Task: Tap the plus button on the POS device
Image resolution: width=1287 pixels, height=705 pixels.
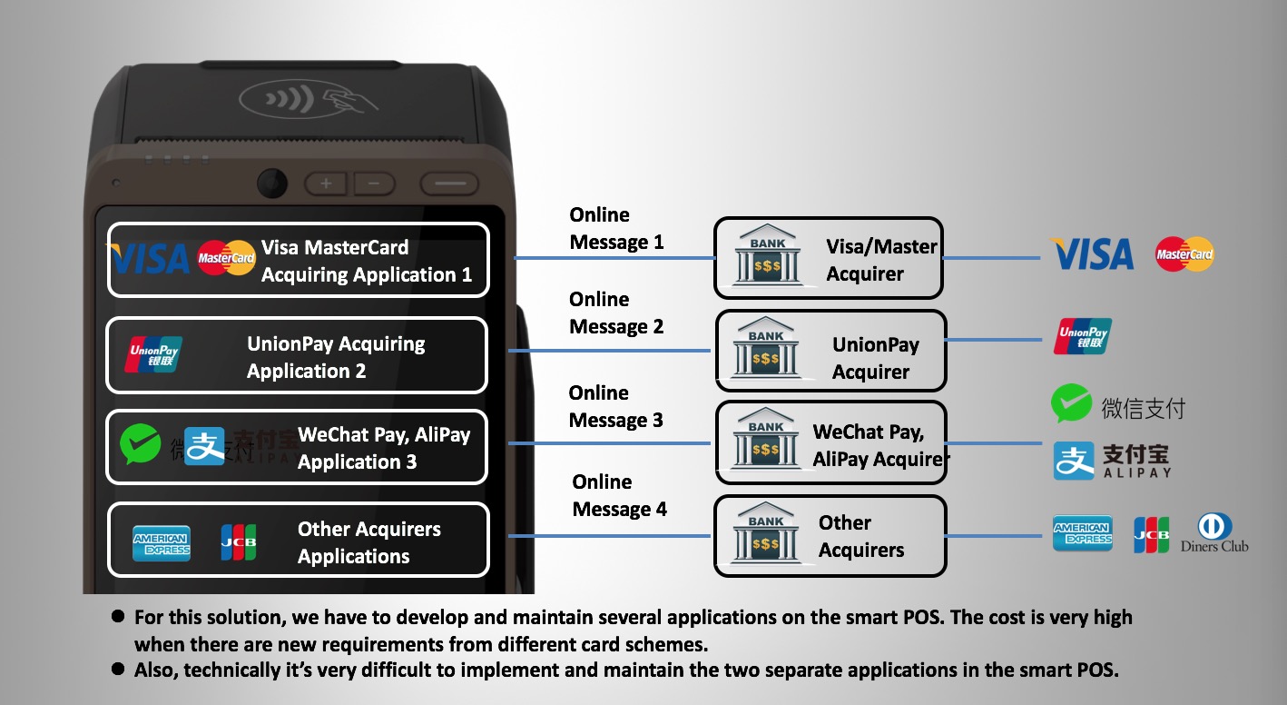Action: [x=326, y=184]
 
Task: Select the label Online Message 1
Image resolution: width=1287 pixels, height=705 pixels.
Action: [x=616, y=229]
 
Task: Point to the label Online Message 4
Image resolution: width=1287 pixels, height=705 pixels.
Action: [x=619, y=496]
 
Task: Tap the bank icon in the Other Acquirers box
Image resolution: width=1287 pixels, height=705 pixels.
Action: [x=766, y=535]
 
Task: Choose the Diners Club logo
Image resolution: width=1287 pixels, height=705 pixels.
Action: [x=1213, y=533]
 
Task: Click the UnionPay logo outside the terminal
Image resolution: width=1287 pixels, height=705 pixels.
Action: [x=1083, y=336]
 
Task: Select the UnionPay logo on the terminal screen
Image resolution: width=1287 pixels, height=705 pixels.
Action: [x=153, y=354]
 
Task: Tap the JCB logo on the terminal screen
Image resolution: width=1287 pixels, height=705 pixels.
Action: [x=239, y=542]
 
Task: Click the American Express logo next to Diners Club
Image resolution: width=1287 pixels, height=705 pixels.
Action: [x=1082, y=533]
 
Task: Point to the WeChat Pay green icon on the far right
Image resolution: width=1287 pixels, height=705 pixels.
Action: [x=1071, y=404]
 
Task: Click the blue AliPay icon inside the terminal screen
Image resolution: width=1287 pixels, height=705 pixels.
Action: [x=204, y=446]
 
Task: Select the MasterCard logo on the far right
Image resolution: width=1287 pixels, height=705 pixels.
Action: [x=1184, y=254]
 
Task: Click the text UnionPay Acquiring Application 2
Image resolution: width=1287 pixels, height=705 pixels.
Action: [x=336, y=357]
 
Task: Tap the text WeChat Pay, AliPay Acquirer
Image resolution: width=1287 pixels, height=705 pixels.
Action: [x=879, y=446]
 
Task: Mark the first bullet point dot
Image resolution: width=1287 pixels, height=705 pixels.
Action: [x=117, y=616]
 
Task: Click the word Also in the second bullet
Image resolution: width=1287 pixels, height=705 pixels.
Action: [x=155, y=670]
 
